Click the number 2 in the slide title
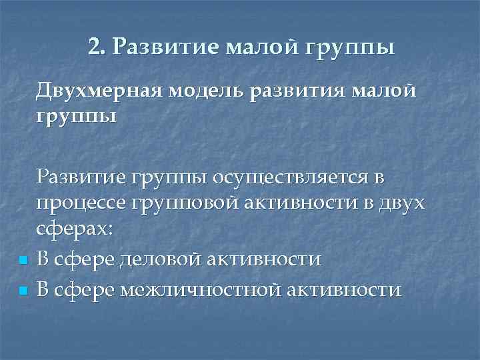[94, 47]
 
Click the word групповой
[181, 202]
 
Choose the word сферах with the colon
[75, 229]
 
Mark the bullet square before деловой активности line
[22, 259]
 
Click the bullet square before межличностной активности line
[22, 290]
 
